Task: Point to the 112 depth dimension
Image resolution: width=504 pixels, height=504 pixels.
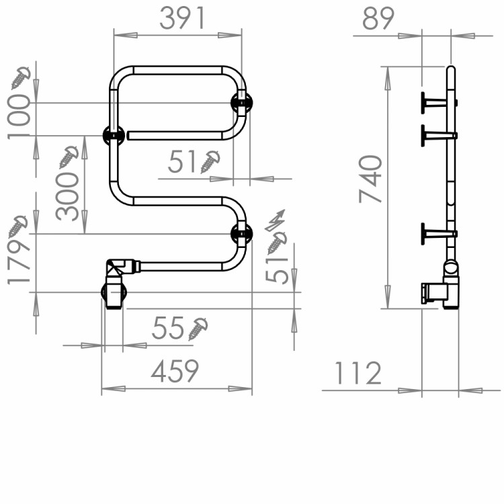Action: (356, 373)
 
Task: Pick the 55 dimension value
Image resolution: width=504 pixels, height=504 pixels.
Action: (168, 329)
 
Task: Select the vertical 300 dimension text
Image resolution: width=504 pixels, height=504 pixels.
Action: (67, 195)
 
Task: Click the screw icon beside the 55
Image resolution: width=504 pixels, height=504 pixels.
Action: (198, 329)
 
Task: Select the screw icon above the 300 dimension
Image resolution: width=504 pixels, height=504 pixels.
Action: (69, 157)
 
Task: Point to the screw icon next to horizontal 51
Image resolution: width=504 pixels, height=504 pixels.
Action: (211, 161)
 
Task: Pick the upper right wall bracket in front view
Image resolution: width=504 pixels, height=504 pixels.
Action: (242, 103)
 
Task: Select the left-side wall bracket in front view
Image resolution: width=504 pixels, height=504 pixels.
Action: (112, 135)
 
